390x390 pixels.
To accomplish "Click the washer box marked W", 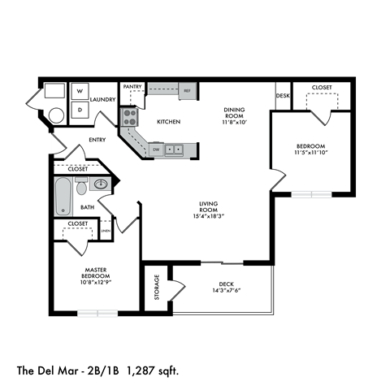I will point(80,92).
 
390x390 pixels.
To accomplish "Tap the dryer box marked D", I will point(80,108).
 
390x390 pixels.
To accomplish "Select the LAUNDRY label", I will point(102,100).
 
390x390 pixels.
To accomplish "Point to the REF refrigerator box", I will point(186,91).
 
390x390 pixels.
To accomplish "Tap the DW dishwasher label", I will point(156,149).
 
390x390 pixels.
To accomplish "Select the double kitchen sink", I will point(174,149).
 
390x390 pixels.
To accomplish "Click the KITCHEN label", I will point(169,122).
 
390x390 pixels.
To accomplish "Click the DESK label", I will point(282,96).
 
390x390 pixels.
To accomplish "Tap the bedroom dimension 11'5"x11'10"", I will point(310,152).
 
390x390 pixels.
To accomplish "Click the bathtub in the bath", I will point(63,197).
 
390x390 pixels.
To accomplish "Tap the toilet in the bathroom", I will point(80,187).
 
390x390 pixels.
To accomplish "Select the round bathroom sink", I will point(102,184).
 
